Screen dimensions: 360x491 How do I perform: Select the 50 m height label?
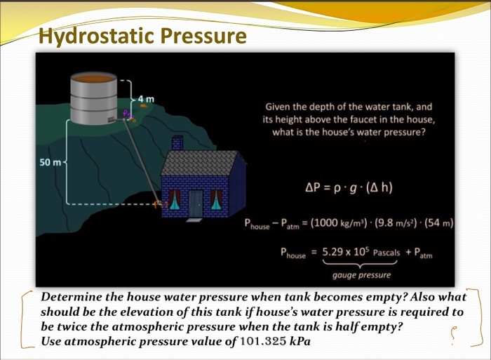click(50, 162)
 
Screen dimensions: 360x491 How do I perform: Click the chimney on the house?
click(177, 143)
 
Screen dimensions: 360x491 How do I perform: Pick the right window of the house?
click(217, 200)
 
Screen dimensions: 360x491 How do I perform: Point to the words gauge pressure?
click(361, 275)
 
